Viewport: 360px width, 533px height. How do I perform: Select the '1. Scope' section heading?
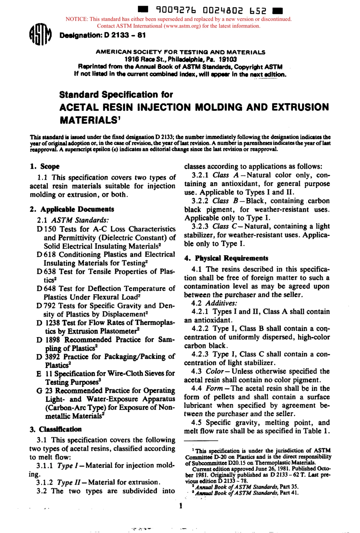45,166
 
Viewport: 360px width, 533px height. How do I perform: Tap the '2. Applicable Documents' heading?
72,209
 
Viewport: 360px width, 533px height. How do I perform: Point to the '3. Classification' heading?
56,429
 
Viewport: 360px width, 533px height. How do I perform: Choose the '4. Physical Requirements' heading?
226,258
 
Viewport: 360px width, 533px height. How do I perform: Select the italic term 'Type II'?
68,482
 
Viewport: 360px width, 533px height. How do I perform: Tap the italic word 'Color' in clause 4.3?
214,371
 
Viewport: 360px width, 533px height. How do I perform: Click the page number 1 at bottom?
181,505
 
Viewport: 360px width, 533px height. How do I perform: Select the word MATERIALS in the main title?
88,120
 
